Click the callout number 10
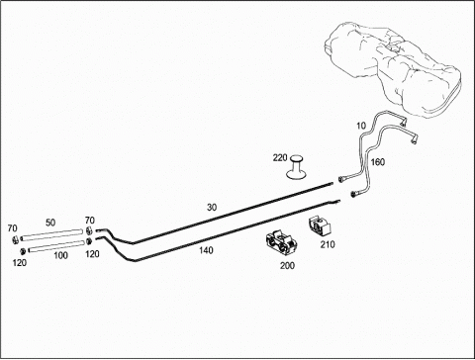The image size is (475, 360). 361,126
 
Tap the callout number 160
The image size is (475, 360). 378,162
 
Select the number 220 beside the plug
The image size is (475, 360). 280,158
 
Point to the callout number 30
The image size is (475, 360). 212,208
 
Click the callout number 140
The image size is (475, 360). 206,250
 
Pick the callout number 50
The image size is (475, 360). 50,223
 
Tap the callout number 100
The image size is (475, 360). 60,255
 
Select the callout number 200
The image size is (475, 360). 287,265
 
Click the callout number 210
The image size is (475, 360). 328,244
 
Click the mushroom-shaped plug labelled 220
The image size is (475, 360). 296,168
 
